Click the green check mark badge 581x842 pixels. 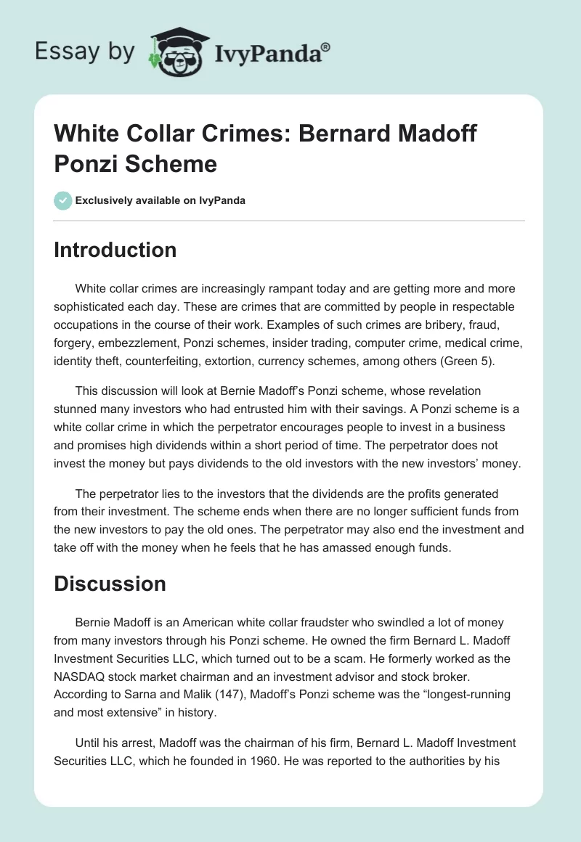tap(63, 200)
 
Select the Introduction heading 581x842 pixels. tap(115, 250)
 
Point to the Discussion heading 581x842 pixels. tap(110, 584)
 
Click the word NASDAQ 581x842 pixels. tap(78, 676)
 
